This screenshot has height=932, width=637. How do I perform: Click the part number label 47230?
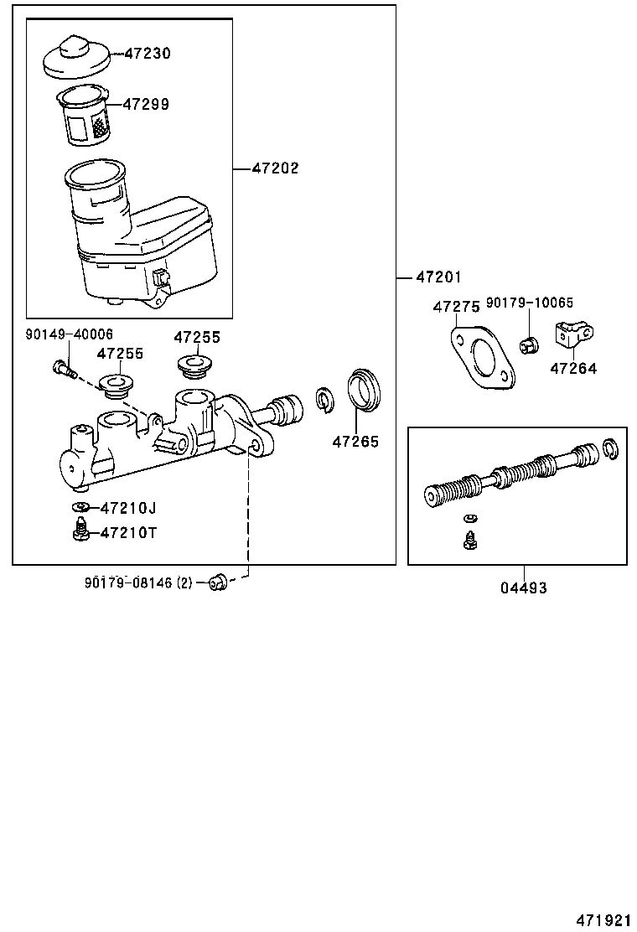[148, 54]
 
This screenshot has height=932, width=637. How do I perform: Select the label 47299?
[146, 105]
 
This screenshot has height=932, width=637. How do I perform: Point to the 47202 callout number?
[275, 168]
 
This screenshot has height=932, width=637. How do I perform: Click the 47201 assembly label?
[438, 277]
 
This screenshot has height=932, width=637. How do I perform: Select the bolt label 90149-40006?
[69, 334]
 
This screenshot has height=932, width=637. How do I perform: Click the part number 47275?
[456, 308]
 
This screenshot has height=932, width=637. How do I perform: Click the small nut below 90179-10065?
[529, 344]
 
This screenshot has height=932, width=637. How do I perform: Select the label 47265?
[355, 442]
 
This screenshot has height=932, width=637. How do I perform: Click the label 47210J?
[128, 508]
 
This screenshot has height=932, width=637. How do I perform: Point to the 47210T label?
[128, 533]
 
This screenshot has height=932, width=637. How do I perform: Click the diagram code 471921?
[602, 920]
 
